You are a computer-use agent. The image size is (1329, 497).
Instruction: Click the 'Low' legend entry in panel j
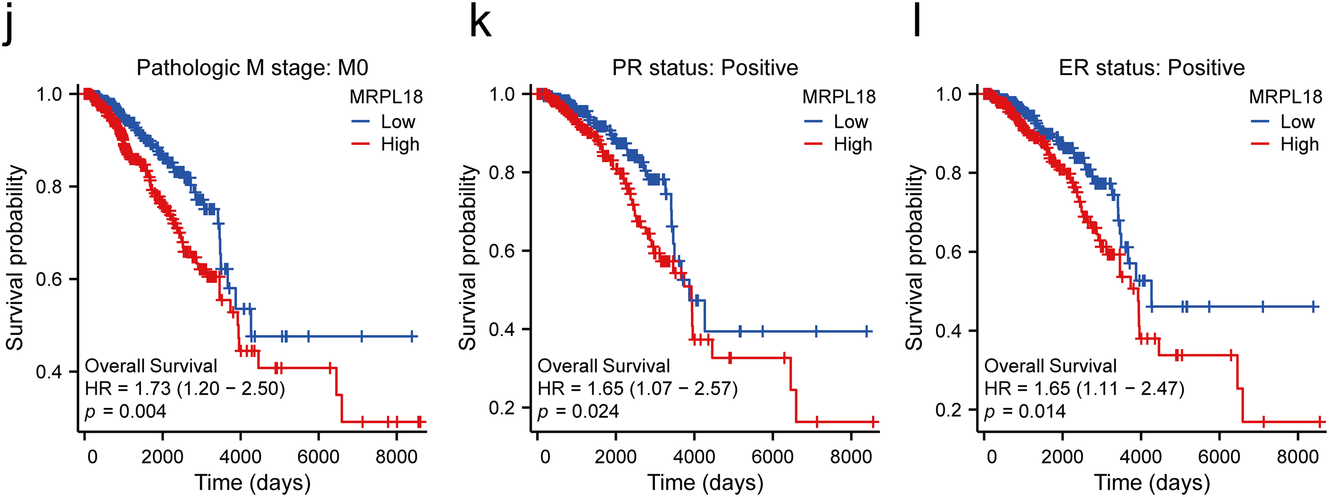pos(397,122)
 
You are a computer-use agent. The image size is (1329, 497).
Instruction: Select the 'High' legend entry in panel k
pos(852,145)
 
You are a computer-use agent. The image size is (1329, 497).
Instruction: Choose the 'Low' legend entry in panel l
pos(1297,122)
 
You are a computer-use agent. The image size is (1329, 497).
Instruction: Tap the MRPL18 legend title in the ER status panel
pos(1285,97)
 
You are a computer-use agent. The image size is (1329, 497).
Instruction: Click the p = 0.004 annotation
pos(125,411)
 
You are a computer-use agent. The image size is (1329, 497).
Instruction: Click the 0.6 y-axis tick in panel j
pos(49,279)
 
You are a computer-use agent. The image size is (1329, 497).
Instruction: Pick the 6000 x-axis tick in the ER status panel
pos(1219,457)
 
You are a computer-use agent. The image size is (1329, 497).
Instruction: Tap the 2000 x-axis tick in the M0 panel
pos(163,457)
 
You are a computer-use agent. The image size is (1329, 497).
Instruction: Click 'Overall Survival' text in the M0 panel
pos(151,366)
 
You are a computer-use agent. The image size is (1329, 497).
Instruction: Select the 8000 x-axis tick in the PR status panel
pos(851,457)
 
